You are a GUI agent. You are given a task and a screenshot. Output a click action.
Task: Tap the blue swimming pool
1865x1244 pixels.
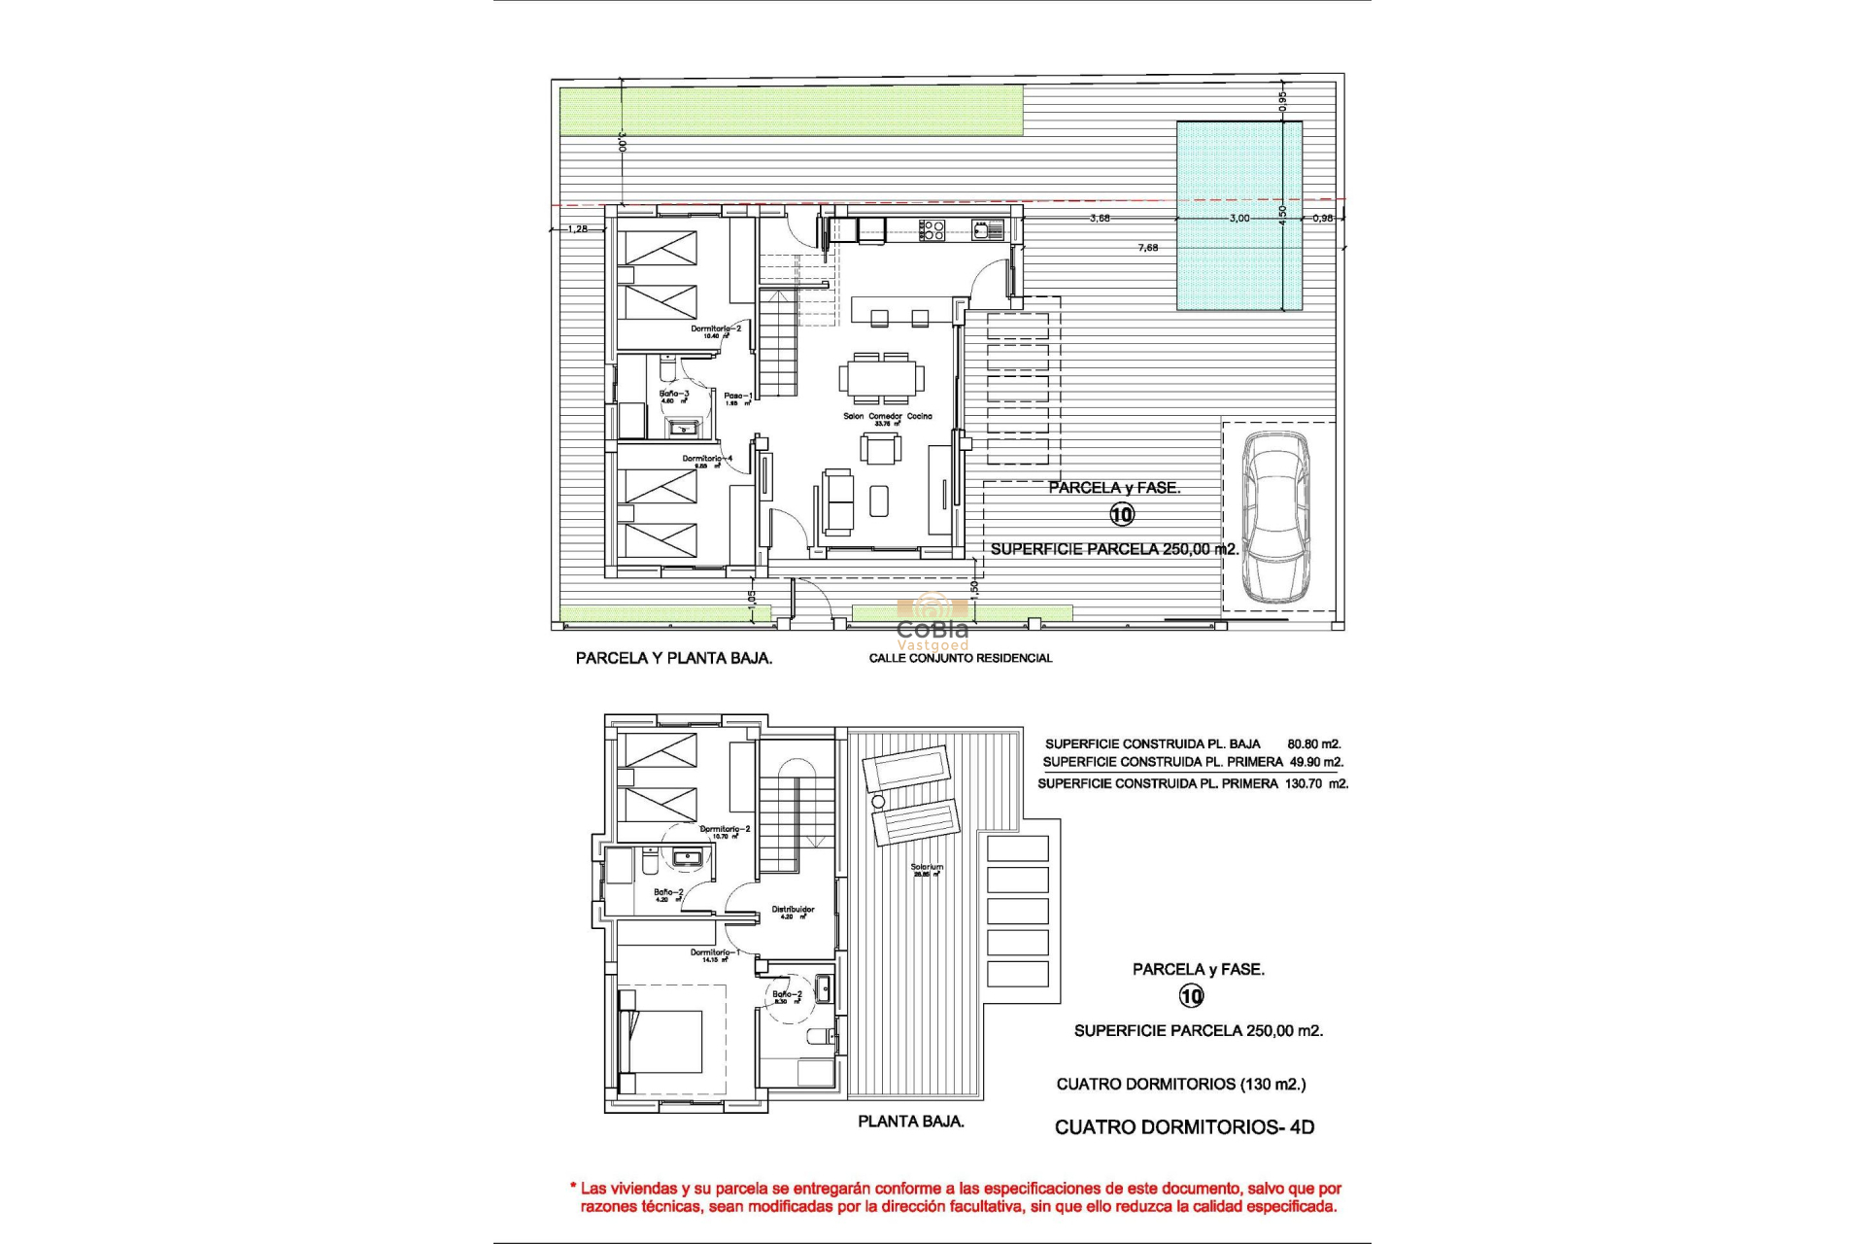1239,216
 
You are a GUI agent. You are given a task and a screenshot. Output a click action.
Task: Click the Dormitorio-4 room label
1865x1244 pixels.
706,459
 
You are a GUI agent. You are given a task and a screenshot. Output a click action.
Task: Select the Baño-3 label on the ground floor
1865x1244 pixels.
674,394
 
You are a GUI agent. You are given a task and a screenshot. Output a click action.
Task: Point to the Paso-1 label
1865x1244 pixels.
737,396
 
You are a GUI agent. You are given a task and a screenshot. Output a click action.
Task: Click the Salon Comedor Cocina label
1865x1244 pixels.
887,416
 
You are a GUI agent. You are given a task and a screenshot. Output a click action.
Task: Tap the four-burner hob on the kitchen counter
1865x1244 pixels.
932,229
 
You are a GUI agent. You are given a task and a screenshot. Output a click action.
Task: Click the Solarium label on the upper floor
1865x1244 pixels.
927,867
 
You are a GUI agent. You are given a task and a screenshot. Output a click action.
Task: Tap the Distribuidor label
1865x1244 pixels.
793,910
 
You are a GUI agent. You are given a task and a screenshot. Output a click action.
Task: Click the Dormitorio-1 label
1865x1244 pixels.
715,952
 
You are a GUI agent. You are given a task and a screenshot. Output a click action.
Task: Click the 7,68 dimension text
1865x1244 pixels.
1147,248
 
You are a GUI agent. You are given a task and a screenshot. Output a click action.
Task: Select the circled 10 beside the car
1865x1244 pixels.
1122,514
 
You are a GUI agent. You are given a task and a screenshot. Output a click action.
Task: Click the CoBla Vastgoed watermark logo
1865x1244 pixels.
932,622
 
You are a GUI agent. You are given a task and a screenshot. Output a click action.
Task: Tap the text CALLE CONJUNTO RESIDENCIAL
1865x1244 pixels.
960,658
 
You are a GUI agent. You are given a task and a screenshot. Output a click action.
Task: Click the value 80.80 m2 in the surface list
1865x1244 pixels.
1313,743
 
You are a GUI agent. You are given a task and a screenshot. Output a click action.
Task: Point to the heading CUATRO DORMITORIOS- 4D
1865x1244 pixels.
1184,1127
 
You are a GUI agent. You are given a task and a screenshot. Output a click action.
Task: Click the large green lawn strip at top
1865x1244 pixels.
792,110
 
